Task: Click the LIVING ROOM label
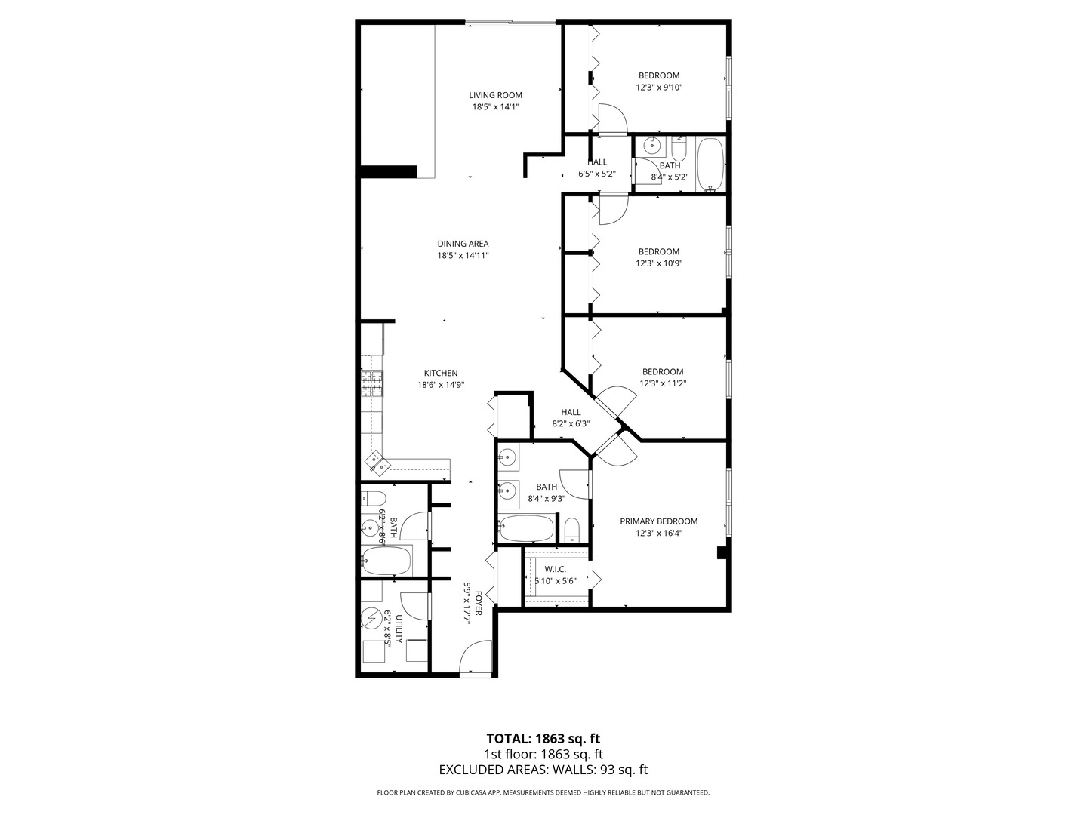coord(495,95)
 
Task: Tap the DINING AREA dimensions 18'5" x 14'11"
coord(463,256)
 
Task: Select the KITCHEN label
coord(441,373)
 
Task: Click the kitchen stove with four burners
coord(372,384)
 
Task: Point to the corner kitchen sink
coord(377,461)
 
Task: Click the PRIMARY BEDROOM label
coord(658,521)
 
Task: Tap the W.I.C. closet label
coord(556,569)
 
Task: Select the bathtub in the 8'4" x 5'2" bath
coord(710,164)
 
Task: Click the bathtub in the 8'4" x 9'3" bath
coord(526,528)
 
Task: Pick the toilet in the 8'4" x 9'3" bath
coord(572,529)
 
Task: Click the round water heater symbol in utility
coord(372,619)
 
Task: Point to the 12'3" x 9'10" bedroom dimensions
coord(659,87)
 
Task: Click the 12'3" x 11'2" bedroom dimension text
coord(663,383)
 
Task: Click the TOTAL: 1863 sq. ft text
coord(543,738)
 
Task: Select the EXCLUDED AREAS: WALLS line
coord(543,770)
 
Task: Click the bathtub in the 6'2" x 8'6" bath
coord(386,561)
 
